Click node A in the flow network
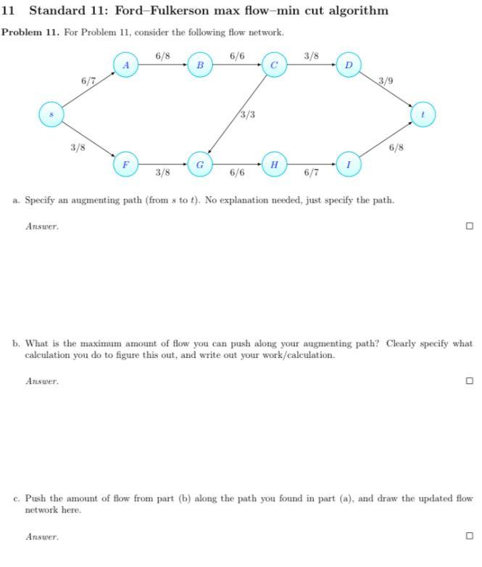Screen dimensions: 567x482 click(x=126, y=65)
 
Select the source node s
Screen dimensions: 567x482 click(x=51, y=114)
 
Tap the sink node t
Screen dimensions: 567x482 click(x=423, y=114)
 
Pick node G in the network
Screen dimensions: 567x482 click(x=199, y=165)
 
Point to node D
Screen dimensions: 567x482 click(x=349, y=65)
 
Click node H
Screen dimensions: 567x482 click(x=273, y=165)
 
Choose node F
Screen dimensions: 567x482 click(x=125, y=165)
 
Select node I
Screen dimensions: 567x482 click(x=349, y=165)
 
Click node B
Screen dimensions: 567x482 click(x=199, y=65)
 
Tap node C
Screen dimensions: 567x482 click(x=274, y=65)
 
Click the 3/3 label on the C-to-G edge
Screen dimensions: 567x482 click(x=247, y=115)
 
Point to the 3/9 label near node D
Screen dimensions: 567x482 click(x=386, y=81)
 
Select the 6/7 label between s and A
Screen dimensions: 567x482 click(x=88, y=81)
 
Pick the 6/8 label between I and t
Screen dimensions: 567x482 click(x=396, y=147)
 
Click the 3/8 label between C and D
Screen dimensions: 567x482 click(x=312, y=55)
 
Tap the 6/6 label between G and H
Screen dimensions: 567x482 click(x=236, y=173)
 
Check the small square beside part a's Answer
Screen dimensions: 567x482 click(x=469, y=226)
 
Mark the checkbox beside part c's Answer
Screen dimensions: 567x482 click(x=469, y=537)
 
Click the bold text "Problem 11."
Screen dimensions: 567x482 click(x=30, y=33)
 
